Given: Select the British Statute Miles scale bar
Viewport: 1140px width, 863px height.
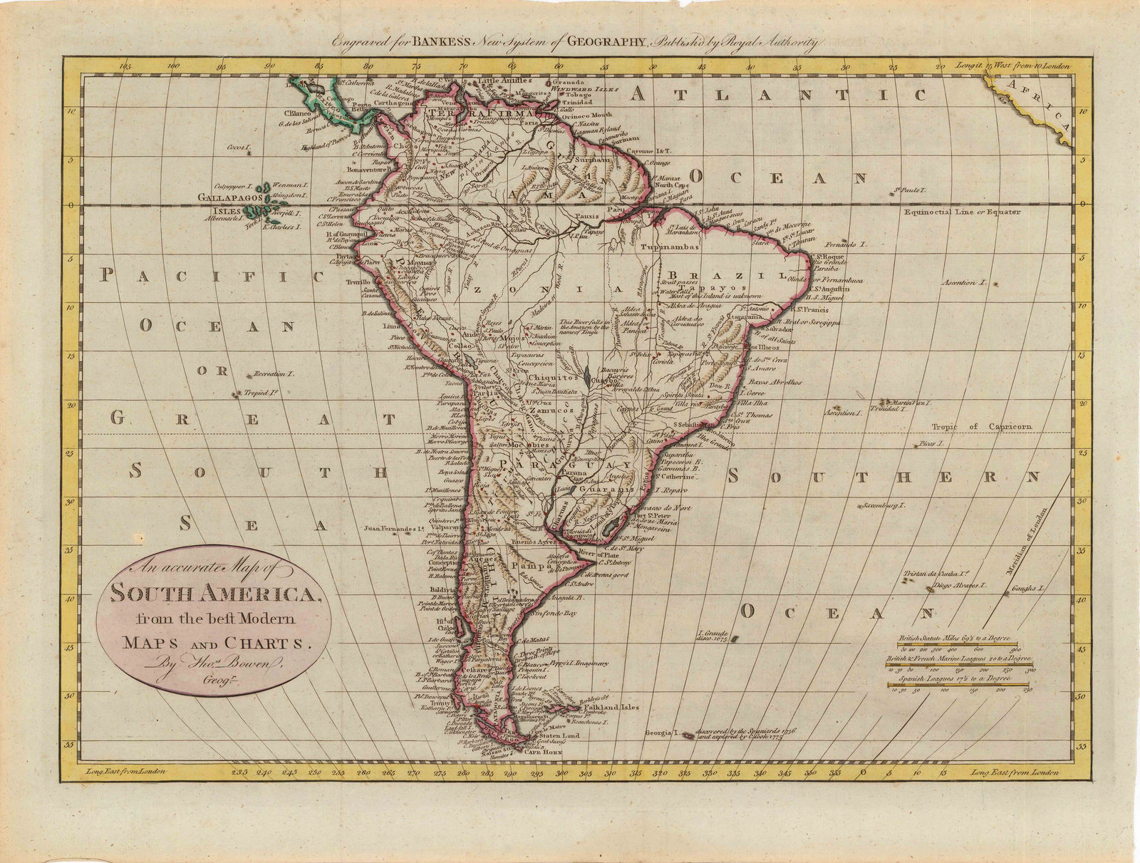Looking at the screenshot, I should pos(955,644).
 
